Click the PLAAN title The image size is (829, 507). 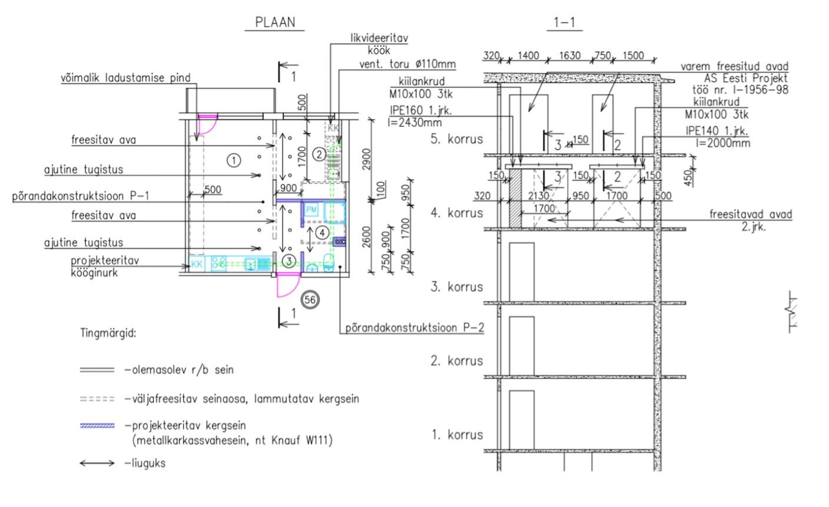click(x=275, y=22)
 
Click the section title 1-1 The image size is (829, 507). click(x=564, y=22)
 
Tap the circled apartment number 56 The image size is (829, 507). click(x=310, y=300)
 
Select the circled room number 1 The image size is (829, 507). click(x=234, y=161)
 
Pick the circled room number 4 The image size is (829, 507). click(x=322, y=233)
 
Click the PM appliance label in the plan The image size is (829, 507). click(x=311, y=210)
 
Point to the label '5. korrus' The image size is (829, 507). click(x=457, y=139)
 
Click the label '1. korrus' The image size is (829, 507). click(x=457, y=435)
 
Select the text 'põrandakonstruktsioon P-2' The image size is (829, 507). click(x=414, y=327)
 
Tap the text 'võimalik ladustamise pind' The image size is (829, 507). click(x=126, y=78)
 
